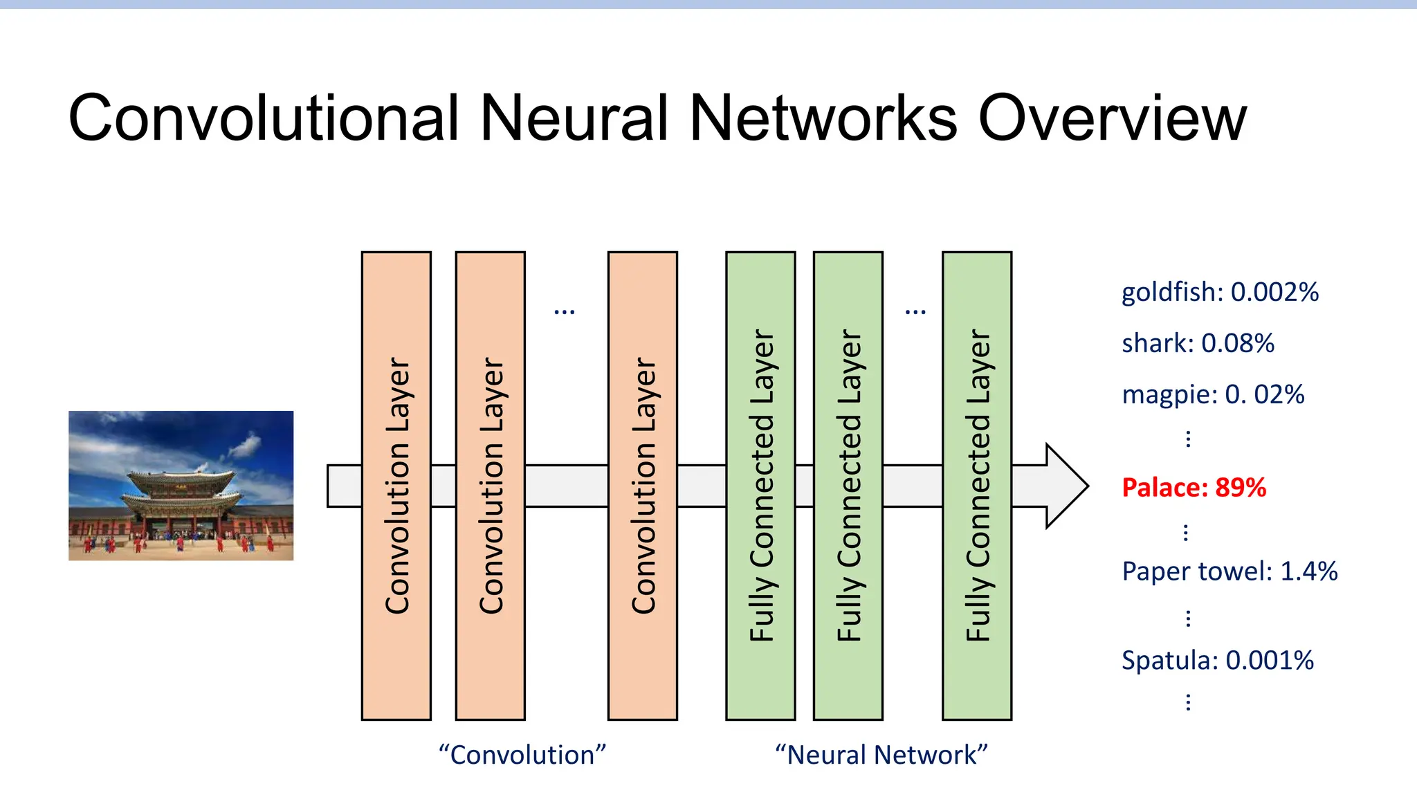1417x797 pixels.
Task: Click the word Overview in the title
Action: click(x=1112, y=118)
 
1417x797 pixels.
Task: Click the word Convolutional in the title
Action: click(x=263, y=118)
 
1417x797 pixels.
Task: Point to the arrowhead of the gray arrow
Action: click(x=1066, y=486)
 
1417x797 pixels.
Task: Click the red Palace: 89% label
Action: click(x=1194, y=488)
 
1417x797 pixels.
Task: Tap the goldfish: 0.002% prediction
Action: click(x=1220, y=292)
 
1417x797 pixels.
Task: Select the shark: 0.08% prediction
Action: click(x=1198, y=343)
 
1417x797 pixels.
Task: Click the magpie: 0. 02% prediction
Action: click(x=1213, y=394)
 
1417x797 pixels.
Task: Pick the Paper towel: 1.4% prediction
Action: click(x=1229, y=571)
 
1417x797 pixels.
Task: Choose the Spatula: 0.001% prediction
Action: click(x=1218, y=660)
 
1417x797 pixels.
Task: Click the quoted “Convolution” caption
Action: click(x=522, y=755)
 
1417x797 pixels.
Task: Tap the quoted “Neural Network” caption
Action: click(x=881, y=755)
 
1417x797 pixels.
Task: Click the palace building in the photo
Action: click(x=181, y=498)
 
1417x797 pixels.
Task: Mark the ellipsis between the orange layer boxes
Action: click(x=565, y=313)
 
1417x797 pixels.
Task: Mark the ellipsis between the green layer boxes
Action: click(x=915, y=313)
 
